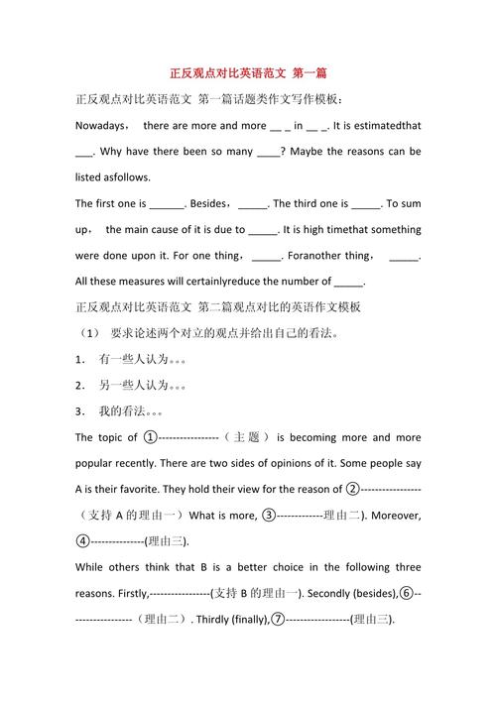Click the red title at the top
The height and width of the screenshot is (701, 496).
click(247, 73)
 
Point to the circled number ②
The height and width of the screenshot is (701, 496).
click(352, 489)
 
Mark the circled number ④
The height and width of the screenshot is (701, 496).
click(82, 541)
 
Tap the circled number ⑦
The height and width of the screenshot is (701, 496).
click(279, 620)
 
